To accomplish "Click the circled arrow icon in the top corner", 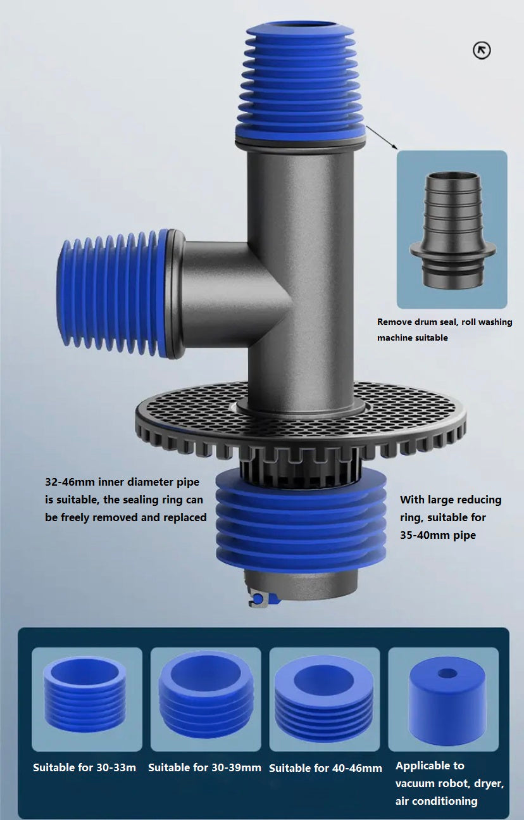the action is [482, 51].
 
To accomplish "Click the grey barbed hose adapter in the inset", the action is [452, 230].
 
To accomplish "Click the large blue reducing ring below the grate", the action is [301, 520].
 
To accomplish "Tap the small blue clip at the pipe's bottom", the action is [259, 598].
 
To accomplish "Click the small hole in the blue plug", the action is [447, 673].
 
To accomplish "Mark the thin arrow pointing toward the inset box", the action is [381, 137].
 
